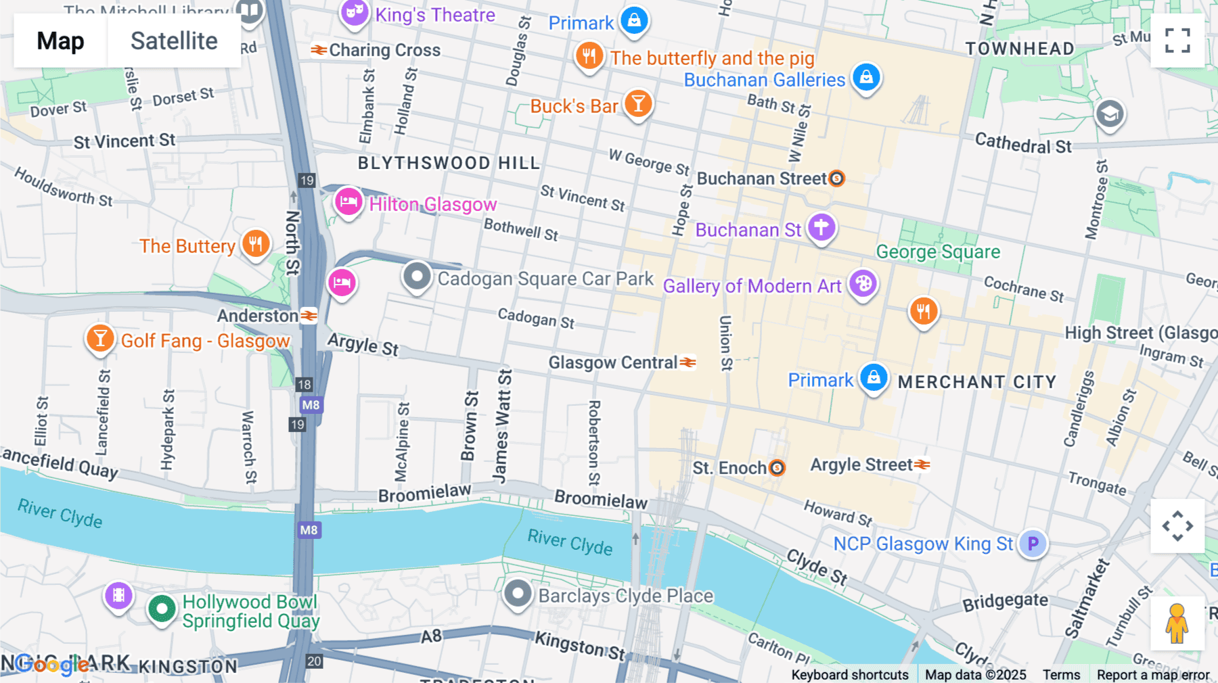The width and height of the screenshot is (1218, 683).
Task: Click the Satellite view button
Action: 173,41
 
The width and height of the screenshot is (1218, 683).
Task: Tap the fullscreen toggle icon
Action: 1177,41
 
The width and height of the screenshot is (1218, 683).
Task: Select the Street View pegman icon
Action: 1177,623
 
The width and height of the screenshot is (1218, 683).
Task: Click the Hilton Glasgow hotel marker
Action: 348,202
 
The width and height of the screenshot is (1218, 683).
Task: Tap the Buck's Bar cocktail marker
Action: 637,104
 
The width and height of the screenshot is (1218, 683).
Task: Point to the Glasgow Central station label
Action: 613,363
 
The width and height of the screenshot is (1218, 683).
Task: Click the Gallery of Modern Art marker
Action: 863,283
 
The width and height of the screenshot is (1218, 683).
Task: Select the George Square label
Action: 938,252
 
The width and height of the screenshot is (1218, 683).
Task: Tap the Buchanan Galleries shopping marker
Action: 866,77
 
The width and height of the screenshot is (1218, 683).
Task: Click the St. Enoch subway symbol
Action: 777,467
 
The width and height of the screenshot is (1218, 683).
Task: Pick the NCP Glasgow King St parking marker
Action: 1033,543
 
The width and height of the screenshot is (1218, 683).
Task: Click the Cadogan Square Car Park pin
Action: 417,277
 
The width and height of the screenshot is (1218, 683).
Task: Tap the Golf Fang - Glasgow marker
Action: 100,338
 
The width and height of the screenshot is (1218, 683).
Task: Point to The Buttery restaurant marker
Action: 256,243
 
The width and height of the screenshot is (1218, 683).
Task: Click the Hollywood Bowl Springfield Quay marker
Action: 162,609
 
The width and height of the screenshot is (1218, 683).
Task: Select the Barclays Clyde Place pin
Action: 518,594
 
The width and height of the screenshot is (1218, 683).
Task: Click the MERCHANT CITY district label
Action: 976,382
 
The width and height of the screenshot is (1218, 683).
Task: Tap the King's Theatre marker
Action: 354,12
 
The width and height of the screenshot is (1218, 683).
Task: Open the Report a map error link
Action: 1152,675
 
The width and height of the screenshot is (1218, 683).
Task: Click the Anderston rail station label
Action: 258,316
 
